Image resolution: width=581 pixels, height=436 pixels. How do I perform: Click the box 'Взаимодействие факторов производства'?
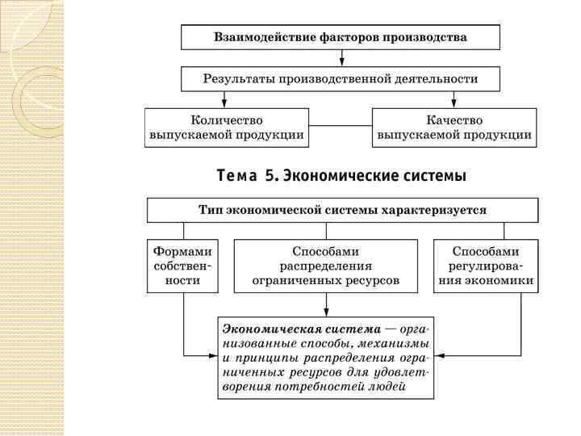point(340,37)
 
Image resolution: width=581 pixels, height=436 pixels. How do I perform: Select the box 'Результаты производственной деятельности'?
point(340,79)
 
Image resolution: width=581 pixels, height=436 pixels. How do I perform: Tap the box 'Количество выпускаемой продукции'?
point(227,128)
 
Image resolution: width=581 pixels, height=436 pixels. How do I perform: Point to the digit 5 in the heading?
point(272,175)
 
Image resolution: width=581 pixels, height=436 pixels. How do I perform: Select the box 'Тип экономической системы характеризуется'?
point(342,210)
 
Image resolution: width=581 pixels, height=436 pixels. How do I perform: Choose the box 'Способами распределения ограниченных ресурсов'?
point(326,266)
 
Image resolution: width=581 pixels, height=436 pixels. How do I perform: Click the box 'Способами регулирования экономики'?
point(486,266)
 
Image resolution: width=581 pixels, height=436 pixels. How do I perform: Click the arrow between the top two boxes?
point(341,58)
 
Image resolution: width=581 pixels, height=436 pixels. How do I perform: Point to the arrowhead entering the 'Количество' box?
point(225,103)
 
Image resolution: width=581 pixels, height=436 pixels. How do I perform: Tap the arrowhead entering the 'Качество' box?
point(454,103)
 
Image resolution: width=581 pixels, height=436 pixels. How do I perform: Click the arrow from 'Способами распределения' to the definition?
point(326,304)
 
